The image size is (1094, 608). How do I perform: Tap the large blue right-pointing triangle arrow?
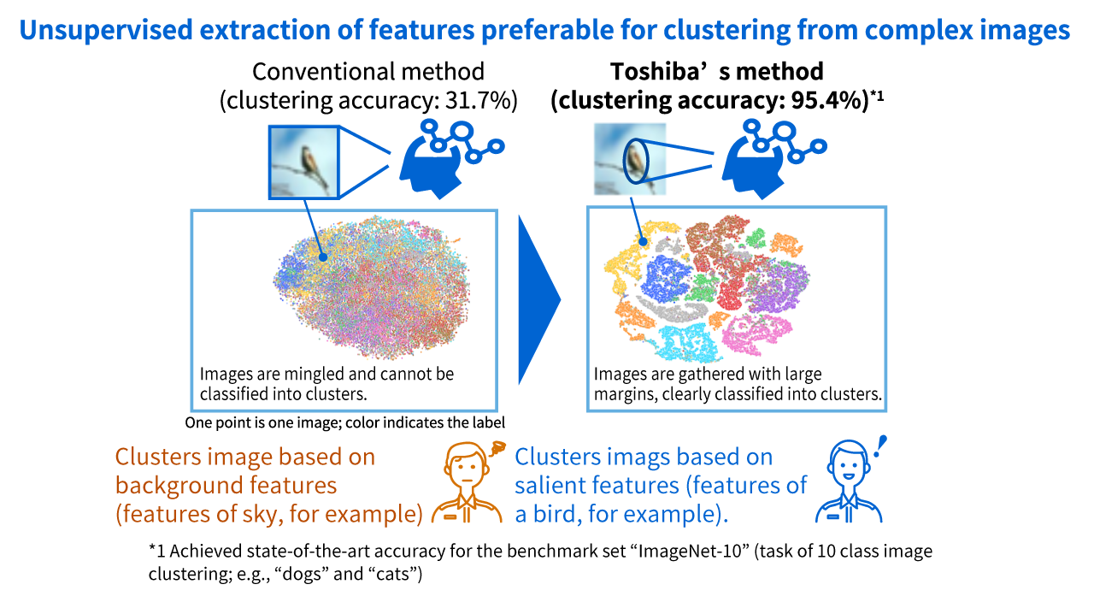(538, 298)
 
